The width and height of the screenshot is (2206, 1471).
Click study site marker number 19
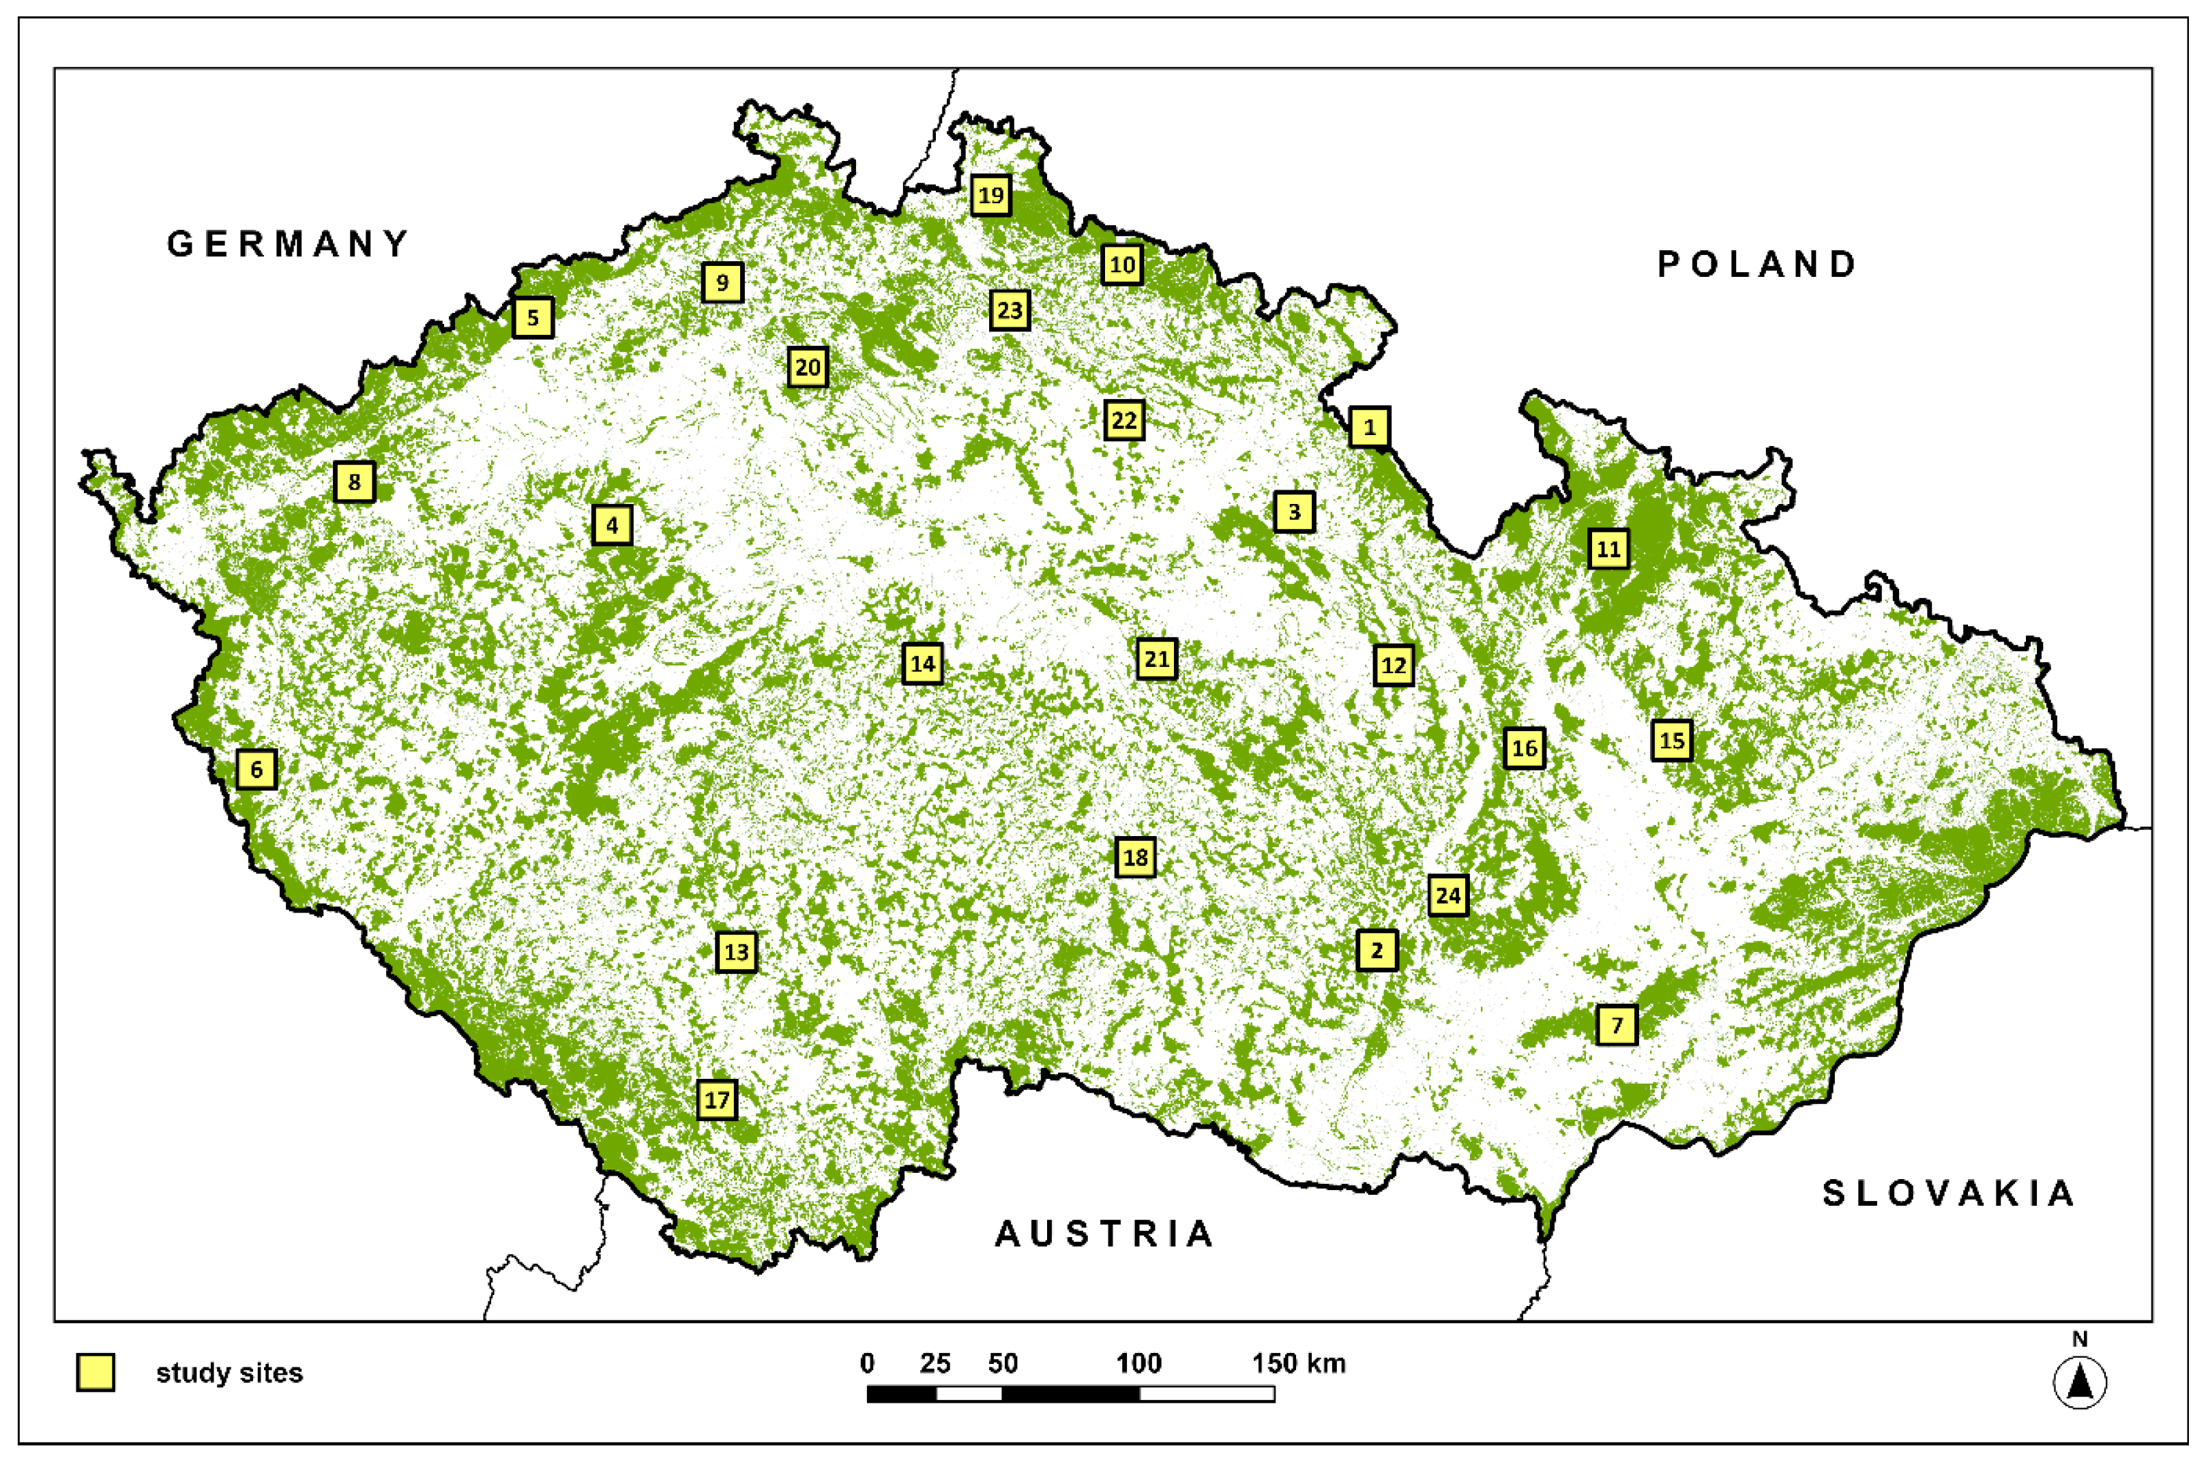[990, 195]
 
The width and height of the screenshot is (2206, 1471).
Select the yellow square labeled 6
[256, 769]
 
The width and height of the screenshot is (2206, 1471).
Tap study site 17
[717, 1099]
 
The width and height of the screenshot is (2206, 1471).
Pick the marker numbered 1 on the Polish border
[1369, 427]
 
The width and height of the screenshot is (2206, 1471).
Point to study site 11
[1607, 549]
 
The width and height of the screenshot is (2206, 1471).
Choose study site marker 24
[1448, 895]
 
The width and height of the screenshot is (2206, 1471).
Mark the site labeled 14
[922, 664]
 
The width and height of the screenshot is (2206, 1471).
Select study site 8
[354, 482]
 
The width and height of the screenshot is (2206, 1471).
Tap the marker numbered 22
[1123, 419]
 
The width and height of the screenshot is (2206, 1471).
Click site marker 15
[1671, 740]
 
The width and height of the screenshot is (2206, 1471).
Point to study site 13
[735, 952]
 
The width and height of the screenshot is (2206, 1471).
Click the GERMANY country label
[288, 244]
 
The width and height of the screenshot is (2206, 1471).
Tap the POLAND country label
[1756, 265]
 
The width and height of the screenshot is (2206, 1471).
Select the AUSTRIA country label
[1104, 1234]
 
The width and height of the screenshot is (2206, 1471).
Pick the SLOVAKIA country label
[1948, 1193]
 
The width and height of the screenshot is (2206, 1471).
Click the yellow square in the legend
[95, 1373]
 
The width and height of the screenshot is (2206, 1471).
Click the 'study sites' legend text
[229, 1373]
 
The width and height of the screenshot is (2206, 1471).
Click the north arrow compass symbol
[2079, 1382]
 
